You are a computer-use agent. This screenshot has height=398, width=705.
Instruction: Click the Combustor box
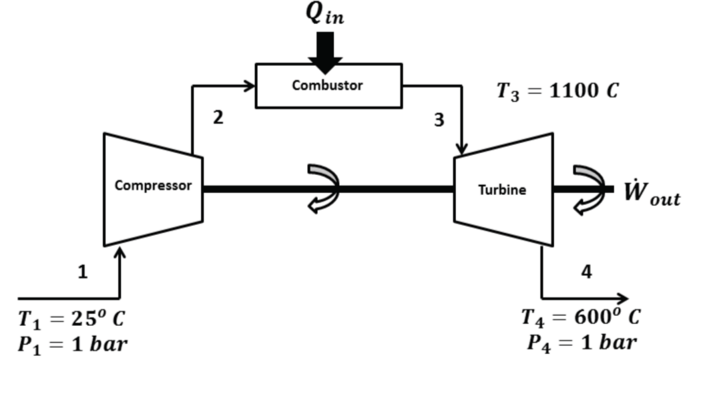click(328, 85)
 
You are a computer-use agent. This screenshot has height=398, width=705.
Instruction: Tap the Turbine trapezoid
click(503, 190)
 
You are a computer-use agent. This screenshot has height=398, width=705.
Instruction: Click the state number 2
click(218, 118)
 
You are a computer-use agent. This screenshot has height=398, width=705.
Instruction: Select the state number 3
click(439, 120)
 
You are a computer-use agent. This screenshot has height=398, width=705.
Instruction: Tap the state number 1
click(82, 272)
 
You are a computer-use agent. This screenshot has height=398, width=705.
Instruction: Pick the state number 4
click(586, 272)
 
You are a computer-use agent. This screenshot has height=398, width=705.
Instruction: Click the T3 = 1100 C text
click(557, 91)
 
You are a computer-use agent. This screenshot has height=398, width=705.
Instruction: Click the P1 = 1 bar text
click(72, 345)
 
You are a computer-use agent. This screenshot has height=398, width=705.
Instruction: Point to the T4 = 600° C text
click(580, 316)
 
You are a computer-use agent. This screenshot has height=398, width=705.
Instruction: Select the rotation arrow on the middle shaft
click(324, 189)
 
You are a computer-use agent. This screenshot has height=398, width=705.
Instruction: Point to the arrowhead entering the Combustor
click(250, 85)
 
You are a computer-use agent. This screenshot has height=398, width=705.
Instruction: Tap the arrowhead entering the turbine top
click(461, 148)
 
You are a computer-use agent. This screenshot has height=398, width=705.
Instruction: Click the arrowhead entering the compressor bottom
click(120, 253)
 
